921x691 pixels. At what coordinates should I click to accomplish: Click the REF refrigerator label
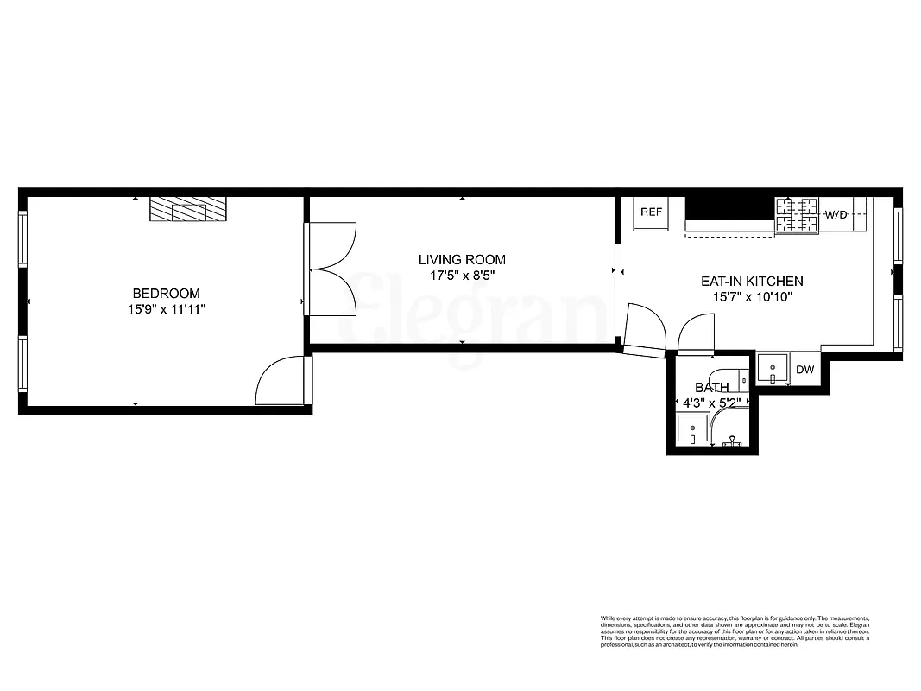point(651,212)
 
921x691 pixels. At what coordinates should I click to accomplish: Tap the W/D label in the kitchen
point(835,214)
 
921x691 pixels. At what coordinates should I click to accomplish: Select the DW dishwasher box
point(804,371)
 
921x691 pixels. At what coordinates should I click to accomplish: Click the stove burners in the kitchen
point(796,215)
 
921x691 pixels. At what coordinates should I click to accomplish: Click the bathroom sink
point(691,429)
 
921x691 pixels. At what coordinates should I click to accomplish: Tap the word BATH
point(711,388)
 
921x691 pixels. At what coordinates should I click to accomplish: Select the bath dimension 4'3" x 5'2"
point(711,403)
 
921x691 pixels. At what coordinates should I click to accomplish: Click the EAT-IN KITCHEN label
point(751,282)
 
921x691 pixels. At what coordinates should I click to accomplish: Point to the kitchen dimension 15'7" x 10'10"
point(751,297)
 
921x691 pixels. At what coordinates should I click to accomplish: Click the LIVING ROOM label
point(462,259)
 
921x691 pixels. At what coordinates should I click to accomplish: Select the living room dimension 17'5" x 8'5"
point(462,276)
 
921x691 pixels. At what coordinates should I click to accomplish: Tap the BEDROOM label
point(166,294)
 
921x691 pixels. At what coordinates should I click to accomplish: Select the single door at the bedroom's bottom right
point(281,381)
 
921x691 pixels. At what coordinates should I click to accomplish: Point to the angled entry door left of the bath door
point(644,331)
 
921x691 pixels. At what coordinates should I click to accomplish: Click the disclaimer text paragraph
point(735,632)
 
